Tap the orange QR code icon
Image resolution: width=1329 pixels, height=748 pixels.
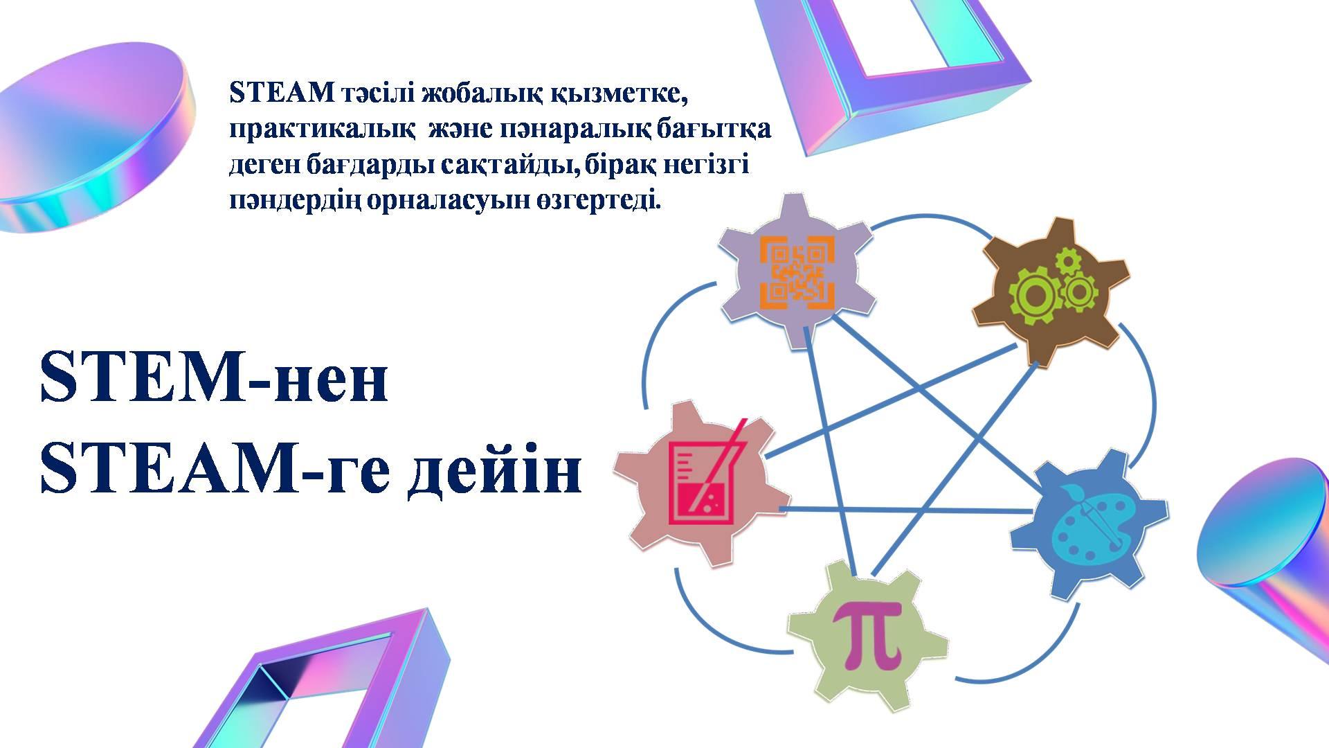click(797, 271)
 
